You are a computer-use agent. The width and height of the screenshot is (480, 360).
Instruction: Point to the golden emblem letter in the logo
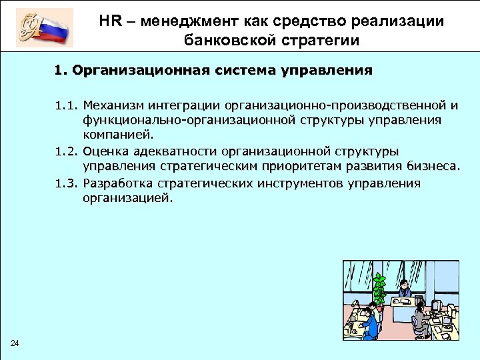click(x=34, y=27)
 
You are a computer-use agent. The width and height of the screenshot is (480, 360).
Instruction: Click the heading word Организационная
click(x=141, y=70)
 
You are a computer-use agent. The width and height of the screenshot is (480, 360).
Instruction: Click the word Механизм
click(x=113, y=105)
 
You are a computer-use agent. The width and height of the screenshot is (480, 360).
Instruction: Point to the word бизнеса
click(x=431, y=167)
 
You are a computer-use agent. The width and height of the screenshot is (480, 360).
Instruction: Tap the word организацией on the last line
click(x=125, y=198)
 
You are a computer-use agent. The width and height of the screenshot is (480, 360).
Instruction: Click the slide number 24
click(x=15, y=343)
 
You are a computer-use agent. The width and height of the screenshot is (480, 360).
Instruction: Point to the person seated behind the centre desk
click(x=403, y=291)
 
